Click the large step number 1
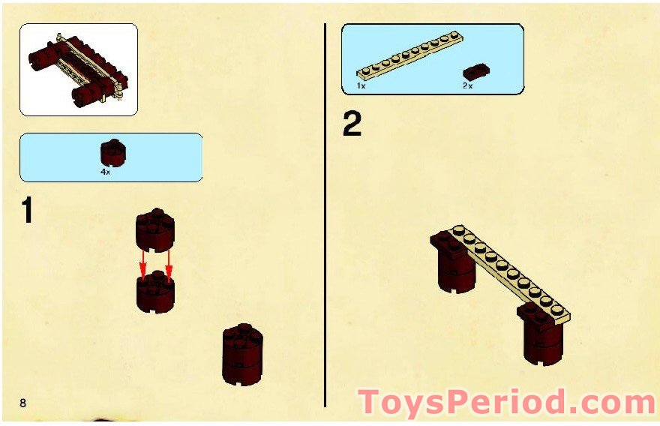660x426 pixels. pyautogui.click(x=27, y=210)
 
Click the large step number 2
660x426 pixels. pyautogui.click(x=352, y=124)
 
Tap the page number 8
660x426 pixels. pyautogui.click(x=22, y=403)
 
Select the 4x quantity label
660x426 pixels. pyautogui.click(x=105, y=172)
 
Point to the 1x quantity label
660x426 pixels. pyautogui.click(x=361, y=85)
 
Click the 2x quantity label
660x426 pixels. pyautogui.click(x=468, y=85)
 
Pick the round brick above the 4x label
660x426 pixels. pyautogui.click(x=112, y=152)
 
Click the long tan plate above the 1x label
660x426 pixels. pyautogui.click(x=410, y=55)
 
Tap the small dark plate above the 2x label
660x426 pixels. pyautogui.click(x=476, y=72)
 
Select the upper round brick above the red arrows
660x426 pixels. pyautogui.click(x=155, y=229)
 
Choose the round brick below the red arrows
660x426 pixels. pyautogui.click(x=155, y=292)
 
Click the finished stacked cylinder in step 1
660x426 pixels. pyautogui.click(x=242, y=355)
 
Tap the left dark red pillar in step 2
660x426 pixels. pyautogui.click(x=455, y=264)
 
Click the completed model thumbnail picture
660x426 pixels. pyautogui.click(x=79, y=70)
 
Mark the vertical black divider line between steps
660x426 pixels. pyautogui.click(x=325, y=215)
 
